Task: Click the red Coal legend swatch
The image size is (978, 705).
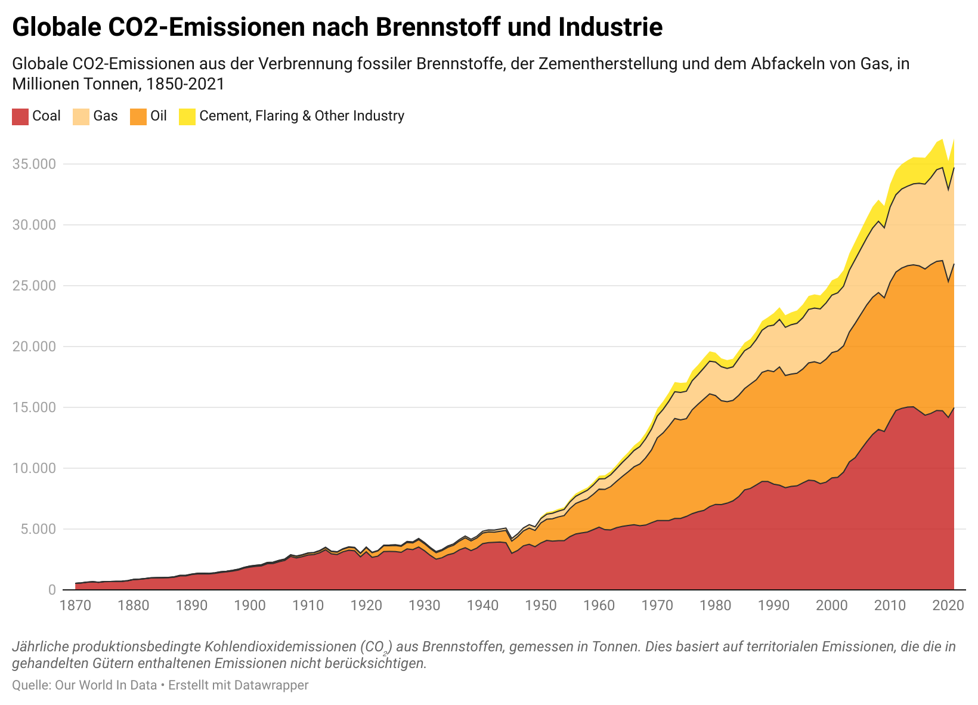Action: coord(20,116)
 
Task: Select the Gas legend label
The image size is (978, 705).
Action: coord(106,116)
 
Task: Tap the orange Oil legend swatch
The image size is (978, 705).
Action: coord(138,116)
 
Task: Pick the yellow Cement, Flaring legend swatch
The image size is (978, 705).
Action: coord(187,116)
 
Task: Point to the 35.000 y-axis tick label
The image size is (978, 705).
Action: coord(34,164)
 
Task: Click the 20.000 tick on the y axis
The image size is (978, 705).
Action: coord(34,347)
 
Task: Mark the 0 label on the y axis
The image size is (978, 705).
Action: coord(52,590)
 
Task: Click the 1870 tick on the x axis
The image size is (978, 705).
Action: coord(76,605)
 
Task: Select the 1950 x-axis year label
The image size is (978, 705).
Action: coord(541,605)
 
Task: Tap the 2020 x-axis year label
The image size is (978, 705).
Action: coord(948,605)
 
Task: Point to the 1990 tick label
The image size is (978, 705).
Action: coord(773,605)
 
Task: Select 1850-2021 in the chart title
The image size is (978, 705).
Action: coord(185,84)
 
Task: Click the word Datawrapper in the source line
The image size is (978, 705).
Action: coord(271,685)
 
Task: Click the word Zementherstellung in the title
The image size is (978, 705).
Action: coord(608,64)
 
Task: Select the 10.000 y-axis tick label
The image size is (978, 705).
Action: coord(34,468)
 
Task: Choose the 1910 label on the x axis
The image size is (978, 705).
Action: coord(308,605)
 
